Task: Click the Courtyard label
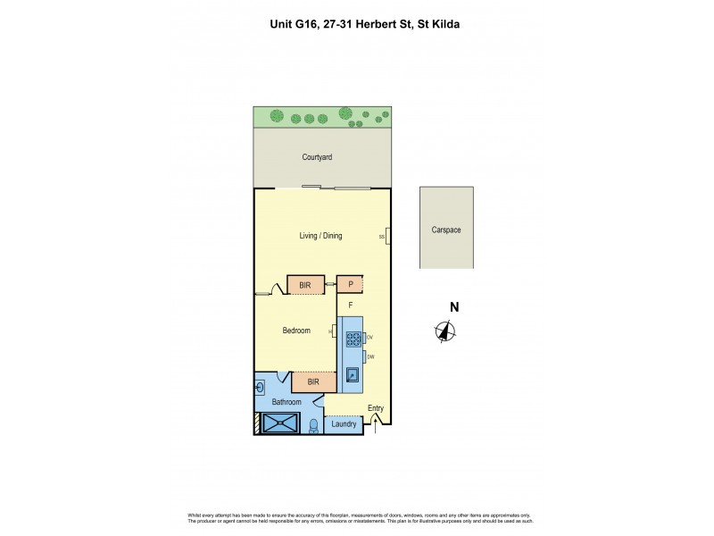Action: (x=317, y=157)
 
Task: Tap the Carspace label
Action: (x=446, y=230)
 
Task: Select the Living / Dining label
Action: (x=320, y=236)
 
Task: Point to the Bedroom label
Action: (x=296, y=331)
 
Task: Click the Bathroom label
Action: (x=286, y=402)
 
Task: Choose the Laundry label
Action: (x=344, y=423)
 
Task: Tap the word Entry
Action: (x=376, y=409)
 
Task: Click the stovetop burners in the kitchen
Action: (x=353, y=339)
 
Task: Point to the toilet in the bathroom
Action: (x=313, y=425)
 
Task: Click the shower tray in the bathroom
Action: (x=285, y=424)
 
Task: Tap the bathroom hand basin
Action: (x=261, y=387)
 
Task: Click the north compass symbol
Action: (x=446, y=331)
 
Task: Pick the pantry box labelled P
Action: (x=351, y=285)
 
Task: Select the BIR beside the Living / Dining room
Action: (x=305, y=285)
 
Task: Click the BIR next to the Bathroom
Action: (x=313, y=382)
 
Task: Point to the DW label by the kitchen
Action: (x=370, y=357)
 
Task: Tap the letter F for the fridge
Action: (x=351, y=306)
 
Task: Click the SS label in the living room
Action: (x=382, y=237)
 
